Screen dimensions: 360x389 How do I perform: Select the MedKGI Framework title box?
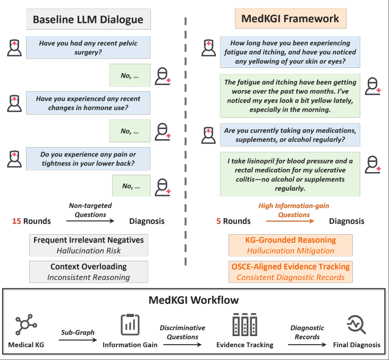click(x=290, y=19)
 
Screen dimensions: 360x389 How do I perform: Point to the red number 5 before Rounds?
click(x=217, y=221)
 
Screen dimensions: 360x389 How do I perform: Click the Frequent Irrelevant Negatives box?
click(x=88, y=245)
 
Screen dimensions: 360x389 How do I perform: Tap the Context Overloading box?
click(x=88, y=271)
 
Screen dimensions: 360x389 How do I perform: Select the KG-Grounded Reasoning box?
click(x=290, y=245)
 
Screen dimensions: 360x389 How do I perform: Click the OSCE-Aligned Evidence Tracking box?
click(x=290, y=271)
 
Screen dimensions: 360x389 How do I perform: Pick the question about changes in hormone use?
click(x=87, y=103)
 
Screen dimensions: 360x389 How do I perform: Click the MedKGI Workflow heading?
click(x=194, y=300)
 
